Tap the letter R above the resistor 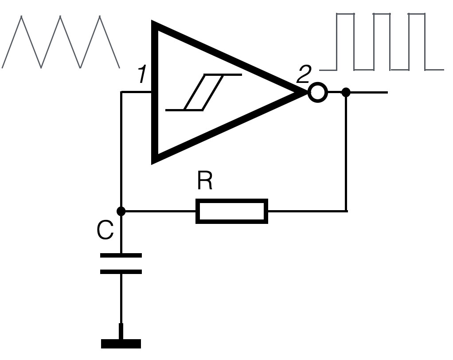(x=205, y=181)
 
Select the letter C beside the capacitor (x=105, y=231)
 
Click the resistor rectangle (x=232, y=211)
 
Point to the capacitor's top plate (x=121, y=255)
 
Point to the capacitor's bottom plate (x=121, y=271)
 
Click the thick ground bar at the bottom (x=121, y=343)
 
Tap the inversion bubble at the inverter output (x=317, y=93)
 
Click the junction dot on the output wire (x=346, y=92)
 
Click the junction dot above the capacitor (x=121, y=211)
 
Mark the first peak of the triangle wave (x=21, y=17)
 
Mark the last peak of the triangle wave (x=100, y=17)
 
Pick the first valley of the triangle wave (x=41, y=67)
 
